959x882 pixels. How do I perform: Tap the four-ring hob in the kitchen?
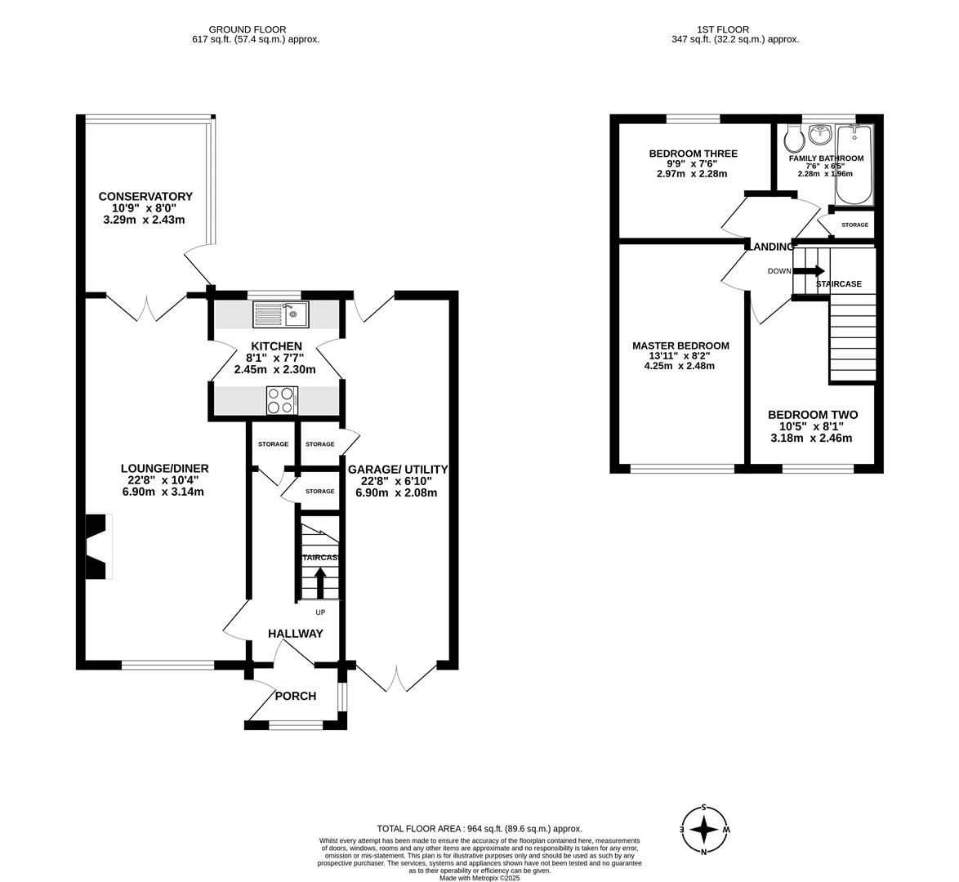tap(281, 400)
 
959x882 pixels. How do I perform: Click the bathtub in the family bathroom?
tap(854, 165)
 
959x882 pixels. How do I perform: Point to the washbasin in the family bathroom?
tap(819, 133)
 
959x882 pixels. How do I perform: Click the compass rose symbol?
tap(703, 830)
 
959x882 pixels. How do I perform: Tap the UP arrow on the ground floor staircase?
tap(319, 584)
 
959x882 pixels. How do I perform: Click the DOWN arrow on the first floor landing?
tap(814, 271)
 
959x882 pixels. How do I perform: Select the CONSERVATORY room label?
tap(145, 196)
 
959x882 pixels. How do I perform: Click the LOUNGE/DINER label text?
tap(164, 468)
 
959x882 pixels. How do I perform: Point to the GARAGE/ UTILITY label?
tap(398, 469)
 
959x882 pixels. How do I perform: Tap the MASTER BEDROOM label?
tap(680, 345)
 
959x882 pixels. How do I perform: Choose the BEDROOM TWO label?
tap(812, 415)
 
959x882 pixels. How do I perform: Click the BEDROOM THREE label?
tap(693, 154)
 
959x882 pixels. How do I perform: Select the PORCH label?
tap(295, 696)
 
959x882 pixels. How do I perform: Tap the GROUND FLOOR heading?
tap(248, 29)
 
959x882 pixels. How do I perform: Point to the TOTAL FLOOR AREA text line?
tap(479, 828)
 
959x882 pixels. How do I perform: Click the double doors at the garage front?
tap(396, 677)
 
